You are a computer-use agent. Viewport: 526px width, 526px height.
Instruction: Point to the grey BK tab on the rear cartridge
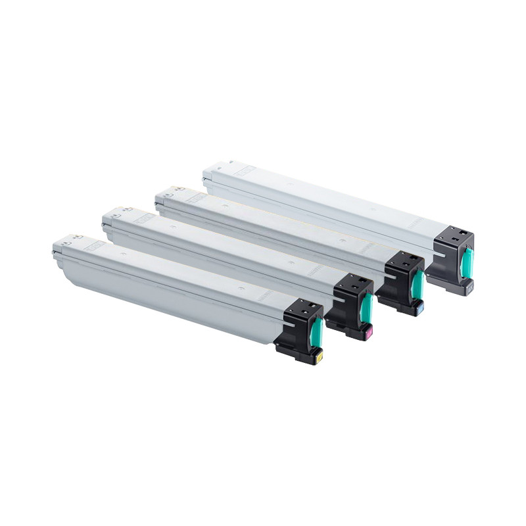tap(469, 287)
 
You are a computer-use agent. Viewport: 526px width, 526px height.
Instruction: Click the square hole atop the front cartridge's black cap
tap(306, 306)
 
